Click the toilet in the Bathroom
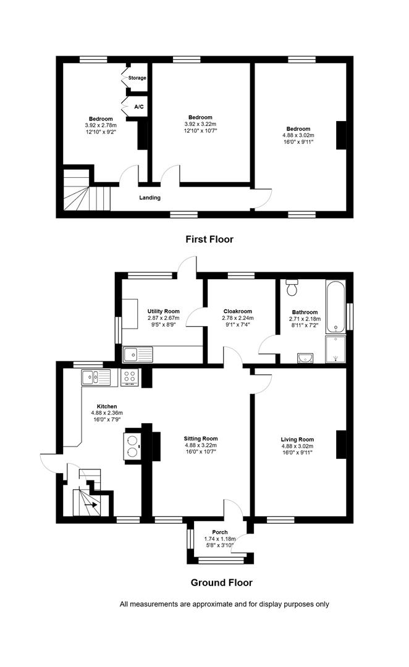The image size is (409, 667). coord(292,287)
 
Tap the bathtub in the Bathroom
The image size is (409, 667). coord(336,306)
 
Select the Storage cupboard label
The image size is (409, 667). coord(137,78)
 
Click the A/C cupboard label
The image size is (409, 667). coord(139,107)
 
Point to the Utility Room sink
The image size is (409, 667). coord(138,354)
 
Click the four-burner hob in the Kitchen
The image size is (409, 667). coord(130,377)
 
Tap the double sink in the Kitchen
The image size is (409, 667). coord(96,377)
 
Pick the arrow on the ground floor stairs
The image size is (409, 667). coord(91,505)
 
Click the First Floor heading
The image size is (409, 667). coord(209,239)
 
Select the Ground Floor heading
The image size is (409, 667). coord(221,582)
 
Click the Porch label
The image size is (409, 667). coord(220,532)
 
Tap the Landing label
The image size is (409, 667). coord(150,198)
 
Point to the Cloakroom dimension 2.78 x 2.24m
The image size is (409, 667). coord(238,318)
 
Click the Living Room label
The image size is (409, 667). coord(298,440)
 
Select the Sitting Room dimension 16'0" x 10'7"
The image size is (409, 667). coord(201,451)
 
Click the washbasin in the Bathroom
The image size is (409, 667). coord(305,358)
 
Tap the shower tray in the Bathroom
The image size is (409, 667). coord(336,349)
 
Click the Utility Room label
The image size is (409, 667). coord(164,311)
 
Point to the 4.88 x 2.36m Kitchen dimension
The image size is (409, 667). coord(107,413)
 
